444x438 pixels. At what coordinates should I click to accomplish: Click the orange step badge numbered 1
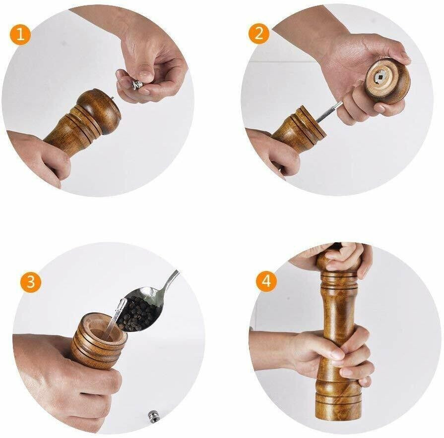click(x=20, y=35)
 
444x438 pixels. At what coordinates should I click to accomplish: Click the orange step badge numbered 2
click(x=259, y=34)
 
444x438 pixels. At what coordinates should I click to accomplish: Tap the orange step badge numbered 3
click(x=31, y=282)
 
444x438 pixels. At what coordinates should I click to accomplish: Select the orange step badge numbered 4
click(x=266, y=281)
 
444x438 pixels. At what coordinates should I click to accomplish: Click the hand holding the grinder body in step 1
click(x=40, y=154)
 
